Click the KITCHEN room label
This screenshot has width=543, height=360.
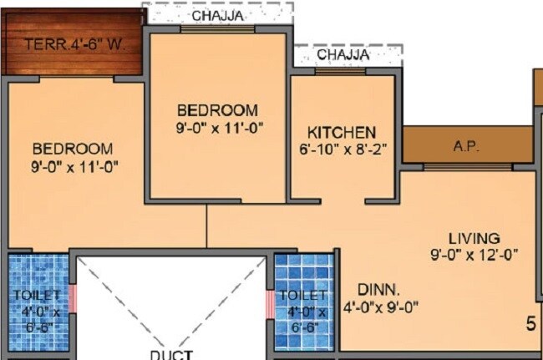342,132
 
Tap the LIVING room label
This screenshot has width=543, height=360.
473,237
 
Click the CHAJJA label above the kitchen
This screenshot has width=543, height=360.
343,55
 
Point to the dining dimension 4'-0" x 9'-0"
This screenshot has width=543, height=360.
381,307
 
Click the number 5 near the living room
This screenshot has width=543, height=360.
530,322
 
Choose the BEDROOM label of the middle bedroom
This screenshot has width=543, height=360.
217,110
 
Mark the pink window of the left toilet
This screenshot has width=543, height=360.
73,297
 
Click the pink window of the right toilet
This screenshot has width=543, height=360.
268,304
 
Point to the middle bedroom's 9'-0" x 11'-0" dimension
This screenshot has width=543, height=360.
217,128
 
